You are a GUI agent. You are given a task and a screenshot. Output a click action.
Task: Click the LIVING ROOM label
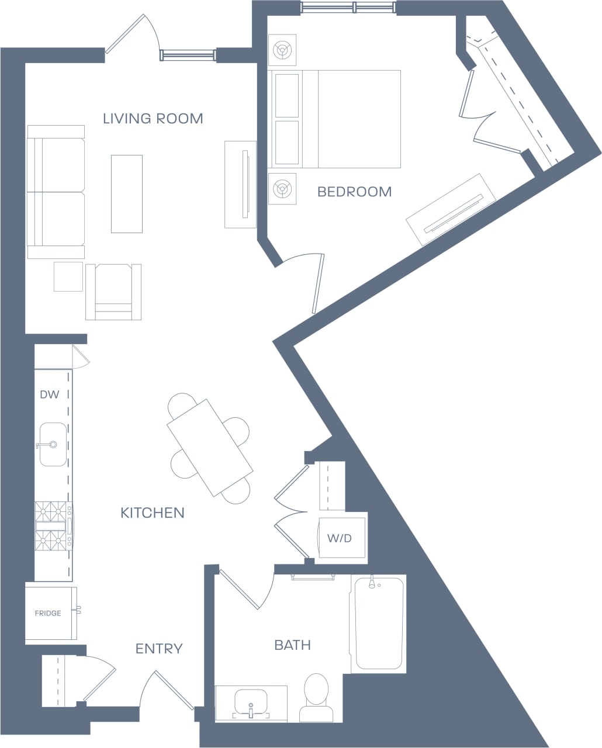(153, 119)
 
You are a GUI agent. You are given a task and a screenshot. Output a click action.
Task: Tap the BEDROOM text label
(354, 192)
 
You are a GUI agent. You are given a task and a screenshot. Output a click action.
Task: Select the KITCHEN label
(152, 513)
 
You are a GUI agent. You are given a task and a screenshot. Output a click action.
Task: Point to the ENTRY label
(159, 649)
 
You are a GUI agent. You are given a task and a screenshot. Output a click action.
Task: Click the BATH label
(292, 645)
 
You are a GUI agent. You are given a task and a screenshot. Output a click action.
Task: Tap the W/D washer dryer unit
(341, 538)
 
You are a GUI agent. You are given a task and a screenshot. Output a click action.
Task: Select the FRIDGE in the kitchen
(49, 614)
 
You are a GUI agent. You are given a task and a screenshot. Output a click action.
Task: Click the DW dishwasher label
(50, 394)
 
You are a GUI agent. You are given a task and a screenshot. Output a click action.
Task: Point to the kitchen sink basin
(53, 445)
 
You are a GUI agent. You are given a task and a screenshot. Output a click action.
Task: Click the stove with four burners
(53, 527)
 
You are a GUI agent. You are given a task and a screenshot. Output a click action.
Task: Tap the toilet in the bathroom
(317, 697)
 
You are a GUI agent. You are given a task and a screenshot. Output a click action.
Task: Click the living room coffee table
(127, 194)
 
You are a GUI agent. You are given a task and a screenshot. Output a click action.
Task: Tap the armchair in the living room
(113, 292)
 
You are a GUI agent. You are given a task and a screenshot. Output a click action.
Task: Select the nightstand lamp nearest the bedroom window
(282, 50)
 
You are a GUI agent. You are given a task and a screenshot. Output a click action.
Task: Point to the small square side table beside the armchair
(68, 276)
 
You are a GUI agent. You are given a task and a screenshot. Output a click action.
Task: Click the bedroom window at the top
(347, 8)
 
